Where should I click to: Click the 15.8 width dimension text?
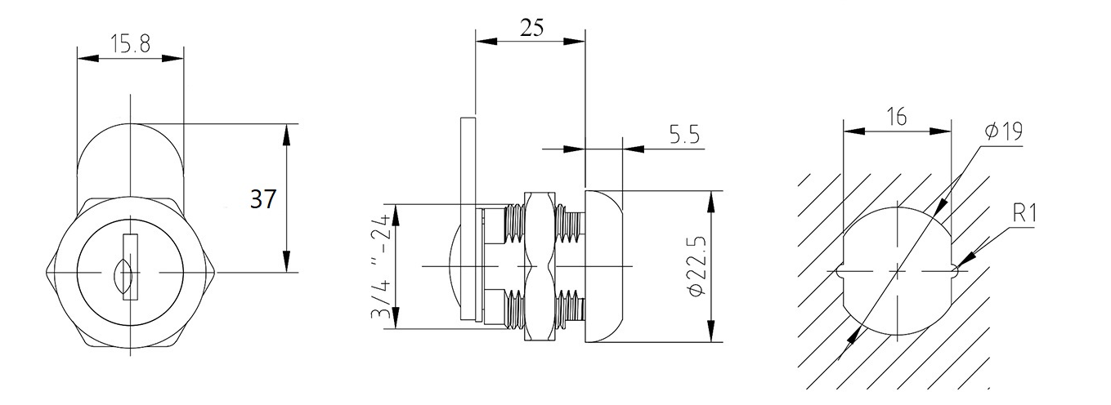click(131, 44)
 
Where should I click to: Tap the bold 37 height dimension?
click(263, 199)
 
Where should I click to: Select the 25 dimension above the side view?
click(531, 28)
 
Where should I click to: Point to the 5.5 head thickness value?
click(684, 134)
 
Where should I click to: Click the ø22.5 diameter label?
click(697, 266)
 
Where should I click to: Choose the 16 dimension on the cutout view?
click(898, 117)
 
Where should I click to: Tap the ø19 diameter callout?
click(1003, 131)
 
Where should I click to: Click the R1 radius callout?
click(1024, 214)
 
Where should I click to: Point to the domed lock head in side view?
click(603, 266)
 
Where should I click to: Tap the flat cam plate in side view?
click(468, 218)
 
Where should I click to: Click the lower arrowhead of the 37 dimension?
click(286, 261)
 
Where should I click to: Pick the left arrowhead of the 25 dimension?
click(486, 42)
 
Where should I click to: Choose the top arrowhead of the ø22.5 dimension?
click(712, 201)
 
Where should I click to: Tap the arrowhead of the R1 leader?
click(966, 261)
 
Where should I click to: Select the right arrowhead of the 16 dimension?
click(940, 131)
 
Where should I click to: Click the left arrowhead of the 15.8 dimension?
click(87, 59)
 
